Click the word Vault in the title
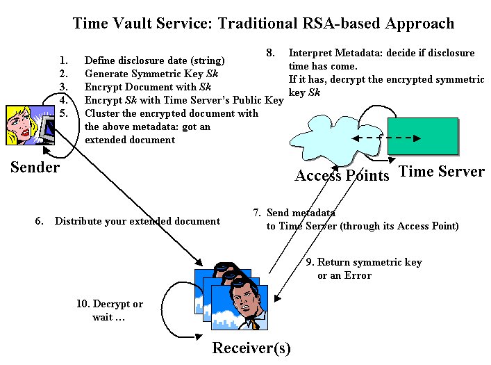[x=164, y=24]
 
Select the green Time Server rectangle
[x=423, y=136]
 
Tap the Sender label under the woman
[x=35, y=168]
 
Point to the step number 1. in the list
[x=65, y=60]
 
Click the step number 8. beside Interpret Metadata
[x=271, y=53]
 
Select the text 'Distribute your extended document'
[x=138, y=221]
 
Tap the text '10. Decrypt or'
[x=110, y=304]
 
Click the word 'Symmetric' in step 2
[x=147, y=74]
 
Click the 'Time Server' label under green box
[x=442, y=172]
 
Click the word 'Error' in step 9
[x=358, y=275]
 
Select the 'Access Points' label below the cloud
[x=342, y=175]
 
